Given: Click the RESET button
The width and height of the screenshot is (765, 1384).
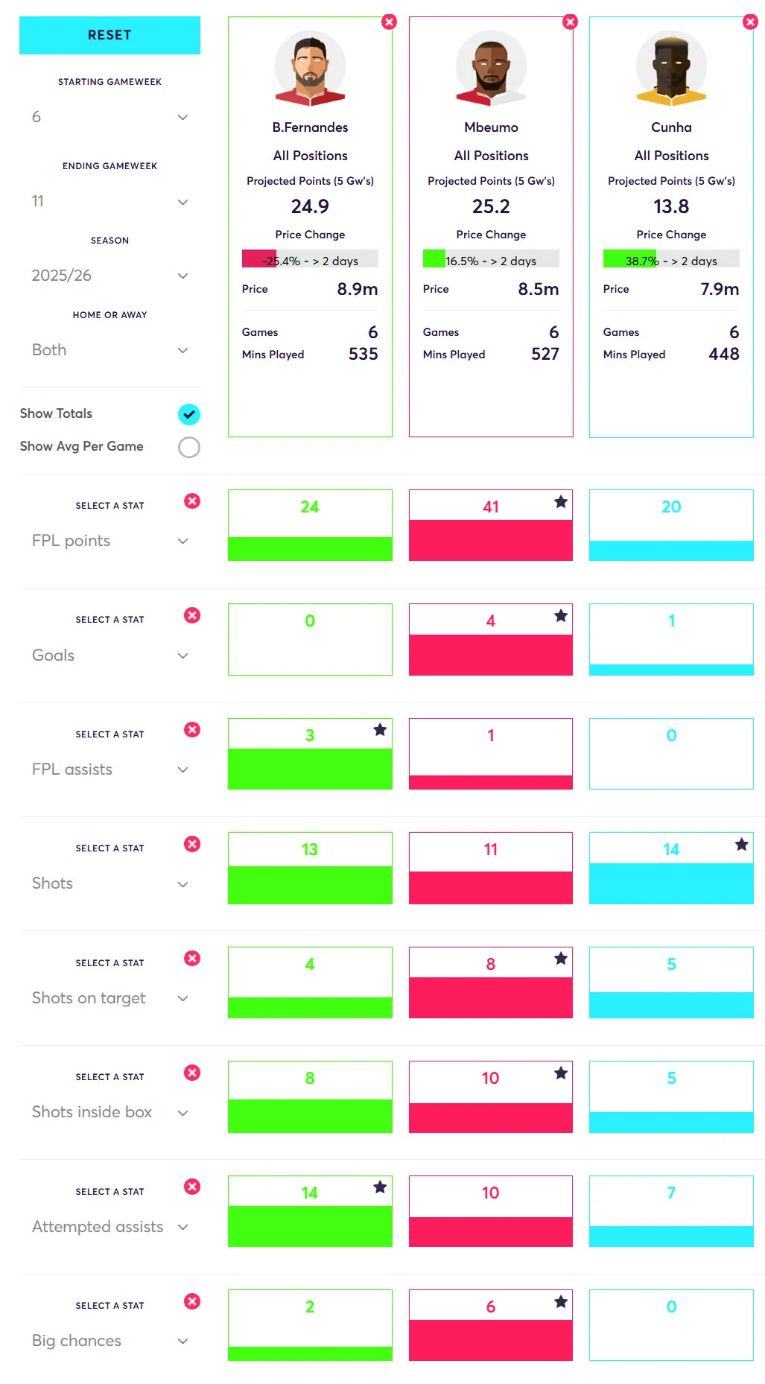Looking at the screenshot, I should (x=109, y=35).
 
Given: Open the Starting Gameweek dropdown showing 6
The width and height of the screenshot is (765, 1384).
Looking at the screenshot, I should (x=109, y=117).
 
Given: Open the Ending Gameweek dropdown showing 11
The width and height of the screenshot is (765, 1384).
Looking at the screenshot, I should (x=109, y=201).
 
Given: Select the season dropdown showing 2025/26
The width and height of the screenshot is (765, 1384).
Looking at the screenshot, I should (x=109, y=276).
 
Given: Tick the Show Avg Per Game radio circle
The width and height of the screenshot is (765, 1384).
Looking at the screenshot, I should (x=189, y=447).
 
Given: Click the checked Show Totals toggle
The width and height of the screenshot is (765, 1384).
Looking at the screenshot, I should (x=189, y=414).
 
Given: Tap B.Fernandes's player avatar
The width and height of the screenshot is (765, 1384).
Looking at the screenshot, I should (x=310, y=67).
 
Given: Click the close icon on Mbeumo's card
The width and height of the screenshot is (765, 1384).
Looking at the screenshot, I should (x=571, y=22).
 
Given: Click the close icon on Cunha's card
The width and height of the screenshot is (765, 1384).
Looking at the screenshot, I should (x=750, y=22).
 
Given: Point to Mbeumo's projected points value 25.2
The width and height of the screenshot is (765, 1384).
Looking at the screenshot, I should (x=491, y=206).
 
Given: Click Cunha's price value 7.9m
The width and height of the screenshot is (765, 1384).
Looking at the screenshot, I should (x=719, y=289).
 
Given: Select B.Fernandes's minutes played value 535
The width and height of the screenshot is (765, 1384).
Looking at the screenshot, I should (x=363, y=354).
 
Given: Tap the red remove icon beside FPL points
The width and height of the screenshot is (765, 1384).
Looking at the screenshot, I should (x=192, y=501).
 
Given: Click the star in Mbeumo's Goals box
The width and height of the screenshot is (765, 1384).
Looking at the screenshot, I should (x=561, y=616).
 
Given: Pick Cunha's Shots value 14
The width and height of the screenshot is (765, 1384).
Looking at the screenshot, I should (x=671, y=849).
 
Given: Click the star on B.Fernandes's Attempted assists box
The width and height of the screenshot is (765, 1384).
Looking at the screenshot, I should (x=380, y=1187).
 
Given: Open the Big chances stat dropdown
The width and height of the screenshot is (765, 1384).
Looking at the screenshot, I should (x=109, y=1341).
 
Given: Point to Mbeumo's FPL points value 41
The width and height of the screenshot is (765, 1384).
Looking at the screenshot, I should (x=490, y=507).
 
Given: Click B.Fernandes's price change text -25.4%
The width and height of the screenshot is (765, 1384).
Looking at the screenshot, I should (x=282, y=261).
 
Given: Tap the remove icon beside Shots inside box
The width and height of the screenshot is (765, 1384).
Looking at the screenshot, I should (x=192, y=1073).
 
